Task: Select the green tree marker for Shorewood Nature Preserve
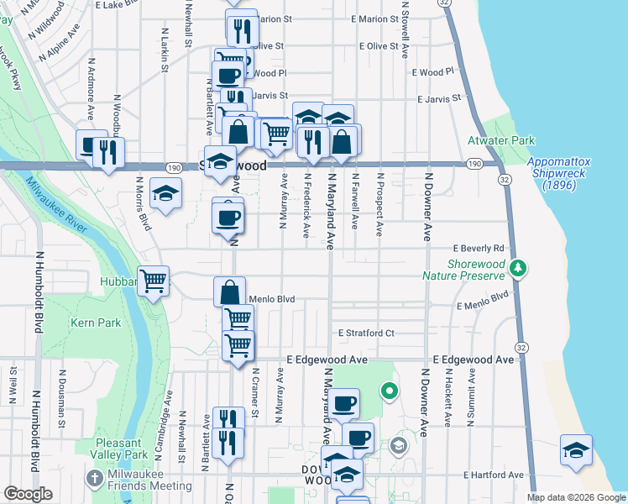(x=520, y=268)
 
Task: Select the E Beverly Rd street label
(x=479, y=249)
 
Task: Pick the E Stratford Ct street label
(x=366, y=333)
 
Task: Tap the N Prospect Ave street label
(x=380, y=204)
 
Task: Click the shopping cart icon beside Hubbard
(x=153, y=281)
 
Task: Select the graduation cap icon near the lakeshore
(x=576, y=450)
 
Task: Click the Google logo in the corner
(x=29, y=494)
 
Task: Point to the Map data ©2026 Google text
(x=575, y=497)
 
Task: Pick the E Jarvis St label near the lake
(x=437, y=98)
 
